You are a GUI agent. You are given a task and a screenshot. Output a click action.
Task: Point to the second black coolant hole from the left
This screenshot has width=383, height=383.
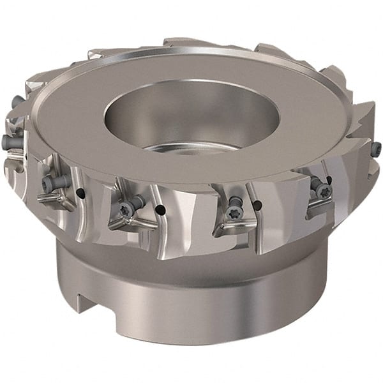[x=161, y=209]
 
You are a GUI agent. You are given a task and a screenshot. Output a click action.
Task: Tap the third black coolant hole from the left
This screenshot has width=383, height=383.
[x=258, y=205]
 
